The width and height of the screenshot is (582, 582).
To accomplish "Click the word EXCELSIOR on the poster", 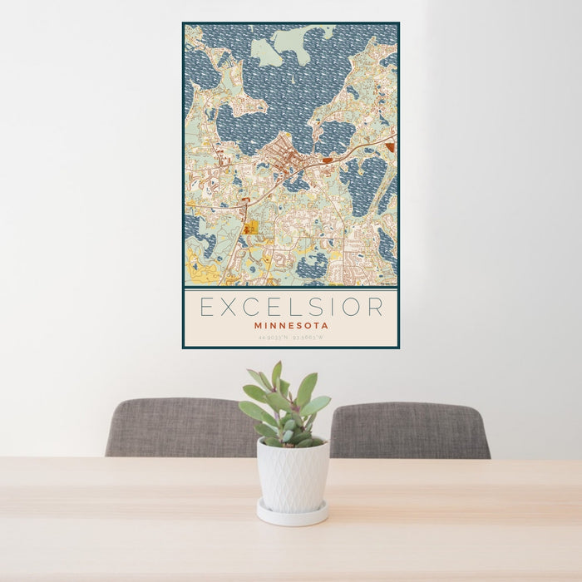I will pyautogui.click(x=291, y=307).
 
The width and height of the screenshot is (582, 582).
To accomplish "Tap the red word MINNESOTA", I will pyautogui.click(x=291, y=326).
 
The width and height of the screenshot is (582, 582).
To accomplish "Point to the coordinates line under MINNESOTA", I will pyautogui.click(x=291, y=338).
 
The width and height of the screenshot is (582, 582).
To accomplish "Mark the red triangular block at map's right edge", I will pyautogui.click(x=390, y=146).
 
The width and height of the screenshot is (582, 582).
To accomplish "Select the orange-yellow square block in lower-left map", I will pyautogui.click(x=250, y=227).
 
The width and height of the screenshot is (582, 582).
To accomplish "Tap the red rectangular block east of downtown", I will pyautogui.click(x=328, y=160).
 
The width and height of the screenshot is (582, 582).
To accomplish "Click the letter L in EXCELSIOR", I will pyautogui.click(x=304, y=307).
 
